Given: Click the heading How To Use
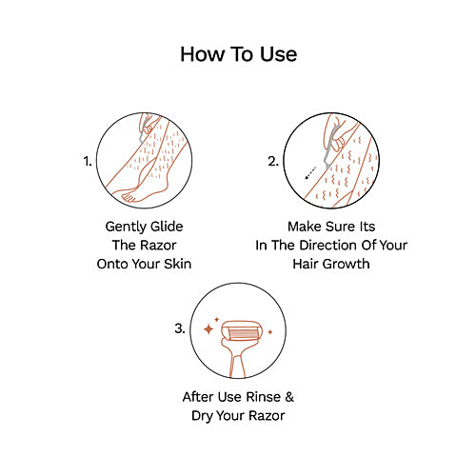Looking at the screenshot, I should (238, 54).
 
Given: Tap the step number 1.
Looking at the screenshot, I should (89, 162).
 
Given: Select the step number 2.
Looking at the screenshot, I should (272, 162).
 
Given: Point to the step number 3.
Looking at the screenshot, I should (180, 329).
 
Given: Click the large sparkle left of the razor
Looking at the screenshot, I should (208, 329).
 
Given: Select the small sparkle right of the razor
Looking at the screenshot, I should (269, 331).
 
